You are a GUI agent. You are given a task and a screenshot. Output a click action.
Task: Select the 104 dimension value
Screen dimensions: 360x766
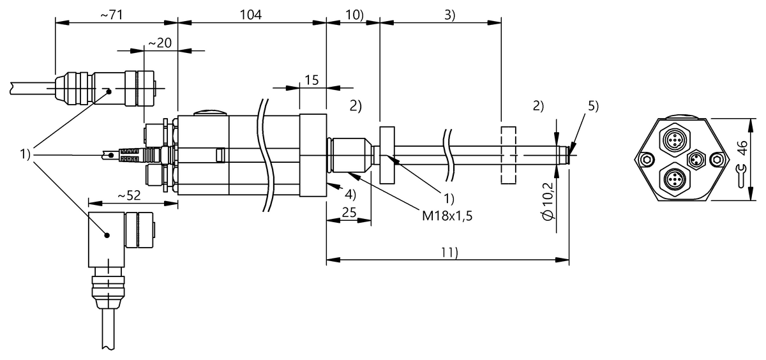coord(251,15)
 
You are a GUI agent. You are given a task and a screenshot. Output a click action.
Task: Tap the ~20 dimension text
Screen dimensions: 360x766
coord(160,43)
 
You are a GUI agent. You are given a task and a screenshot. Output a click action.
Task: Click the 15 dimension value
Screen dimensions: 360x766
coord(312,80)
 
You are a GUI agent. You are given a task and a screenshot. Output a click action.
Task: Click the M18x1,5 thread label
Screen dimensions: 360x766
coord(446,216)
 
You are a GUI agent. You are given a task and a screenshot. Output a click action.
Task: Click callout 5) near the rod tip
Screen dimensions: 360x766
coord(594,106)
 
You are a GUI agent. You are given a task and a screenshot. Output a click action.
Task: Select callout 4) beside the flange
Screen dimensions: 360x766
coord(350,193)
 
